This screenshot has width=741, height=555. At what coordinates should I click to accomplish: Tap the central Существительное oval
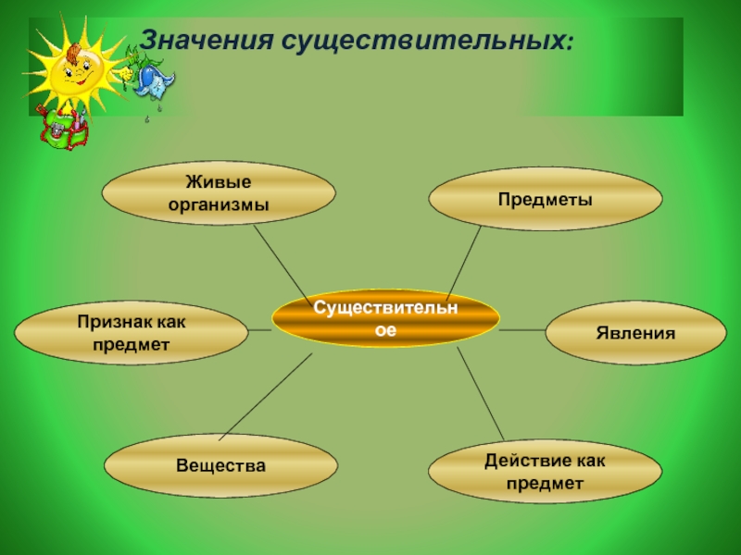(x=385, y=316)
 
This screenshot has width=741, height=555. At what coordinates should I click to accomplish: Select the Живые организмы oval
(x=218, y=194)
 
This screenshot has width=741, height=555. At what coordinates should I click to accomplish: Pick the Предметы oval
(x=546, y=199)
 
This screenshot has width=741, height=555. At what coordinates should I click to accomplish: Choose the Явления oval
(x=635, y=333)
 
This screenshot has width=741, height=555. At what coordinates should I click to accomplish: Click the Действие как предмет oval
(x=546, y=472)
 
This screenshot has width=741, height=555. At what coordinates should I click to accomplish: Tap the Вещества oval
(x=220, y=465)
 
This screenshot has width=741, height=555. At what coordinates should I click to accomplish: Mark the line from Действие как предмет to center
(x=481, y=393)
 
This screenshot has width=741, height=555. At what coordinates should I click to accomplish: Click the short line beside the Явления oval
(x=522, y=330)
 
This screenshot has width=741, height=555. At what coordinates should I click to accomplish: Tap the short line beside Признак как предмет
(x=259, y=332)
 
